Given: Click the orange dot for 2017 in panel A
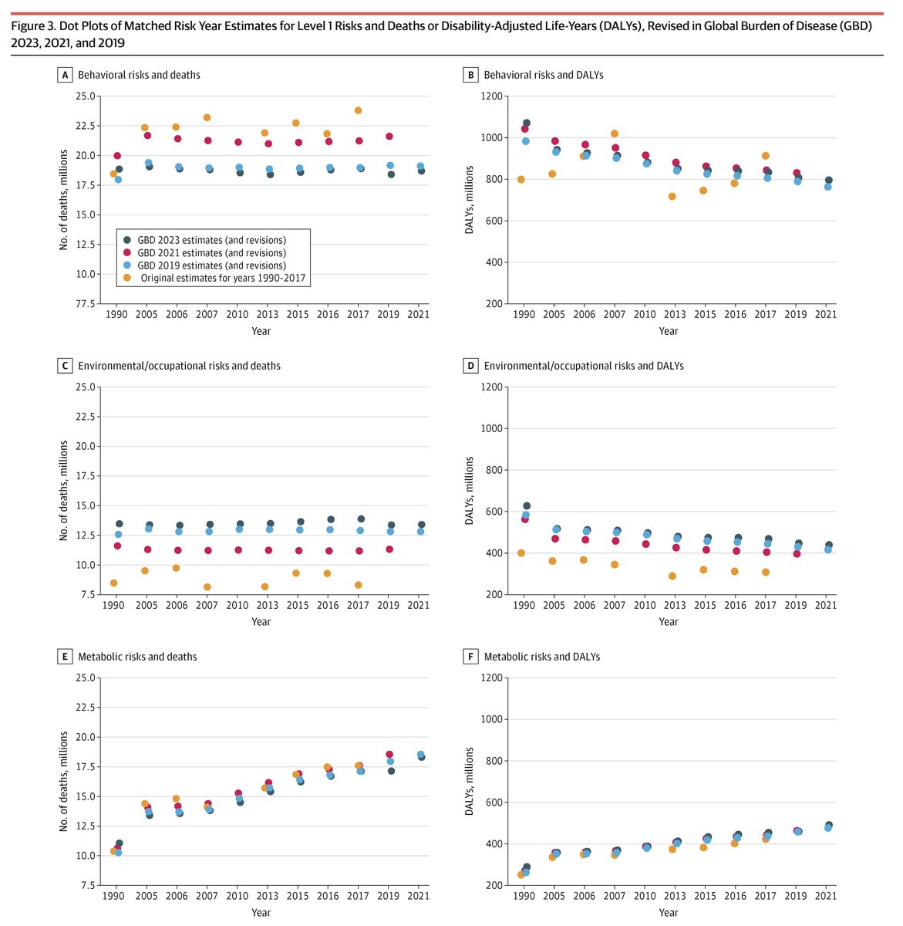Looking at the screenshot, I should pyautogui.click(x=358, y=110).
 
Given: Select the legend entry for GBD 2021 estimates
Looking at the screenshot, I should pyautogui.click(x=211, y=252).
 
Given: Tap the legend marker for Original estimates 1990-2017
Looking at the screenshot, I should pyautogui.click(x=128, y=278).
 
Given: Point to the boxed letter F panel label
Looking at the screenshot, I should pyautogui.click(x=470, y=657).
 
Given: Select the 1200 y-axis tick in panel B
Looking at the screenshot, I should pyautogui.click(x=492, y=96).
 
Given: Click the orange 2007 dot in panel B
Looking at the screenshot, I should pyautogui.click(x=615, y=133).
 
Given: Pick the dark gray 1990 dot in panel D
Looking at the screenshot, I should pyautogui.click(x=527, y=506).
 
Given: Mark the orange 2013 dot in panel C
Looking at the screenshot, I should pyautogui.click(x=264, y=586).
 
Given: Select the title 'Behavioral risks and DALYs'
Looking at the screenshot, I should pyautogui.click(x=543, y=75).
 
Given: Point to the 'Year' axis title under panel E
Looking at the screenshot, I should pyautogui.click(x=261, y=913).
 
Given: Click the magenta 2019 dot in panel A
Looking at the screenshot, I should pyautogui.click(x=389, y=137).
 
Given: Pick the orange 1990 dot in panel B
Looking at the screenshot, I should pyautogui.click(x=521, y=180).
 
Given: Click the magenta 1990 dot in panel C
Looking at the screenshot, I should pyautogui.click(x=116, y=546).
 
